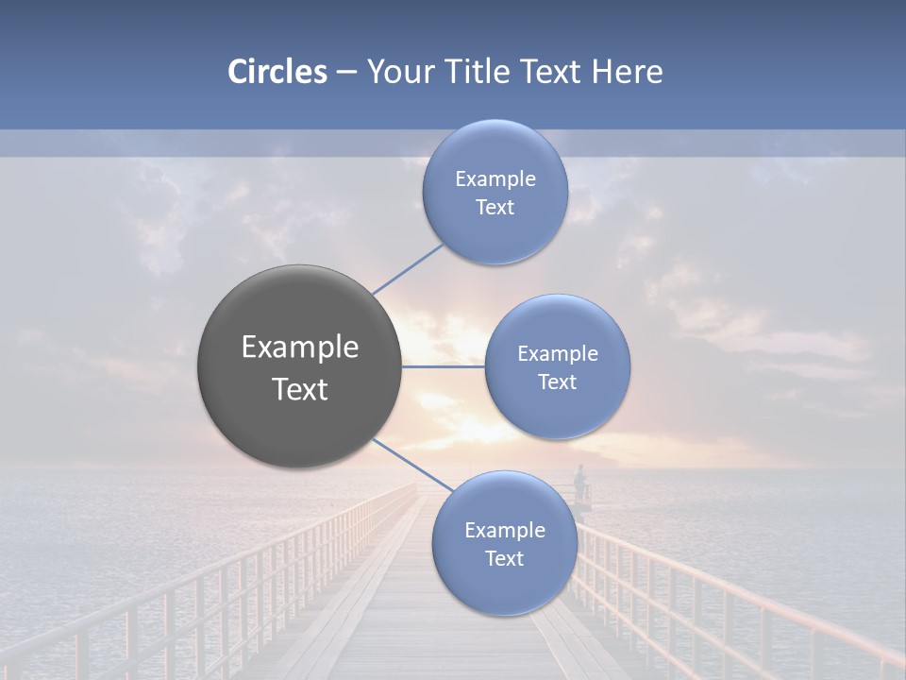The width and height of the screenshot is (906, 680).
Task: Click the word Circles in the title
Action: coord(277,71)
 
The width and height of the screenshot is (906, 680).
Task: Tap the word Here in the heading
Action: coord(628,71)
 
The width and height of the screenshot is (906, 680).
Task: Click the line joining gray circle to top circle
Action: coord(408,269)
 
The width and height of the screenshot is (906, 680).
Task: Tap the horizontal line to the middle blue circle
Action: coord(444,366)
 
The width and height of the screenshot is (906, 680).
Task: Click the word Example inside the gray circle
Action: coord(300,347)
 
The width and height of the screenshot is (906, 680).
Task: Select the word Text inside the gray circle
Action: coord(300,389)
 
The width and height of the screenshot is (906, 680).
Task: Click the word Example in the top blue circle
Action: coord(495,178)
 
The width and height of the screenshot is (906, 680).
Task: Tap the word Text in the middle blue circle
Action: coord(558,382)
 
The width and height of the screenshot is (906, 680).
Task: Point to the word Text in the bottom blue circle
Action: coord(505,558)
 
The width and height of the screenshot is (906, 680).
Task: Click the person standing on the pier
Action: coord(579,480)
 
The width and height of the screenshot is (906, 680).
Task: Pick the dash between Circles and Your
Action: coord(346,72)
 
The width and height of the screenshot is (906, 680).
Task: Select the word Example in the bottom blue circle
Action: coord(505,530)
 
